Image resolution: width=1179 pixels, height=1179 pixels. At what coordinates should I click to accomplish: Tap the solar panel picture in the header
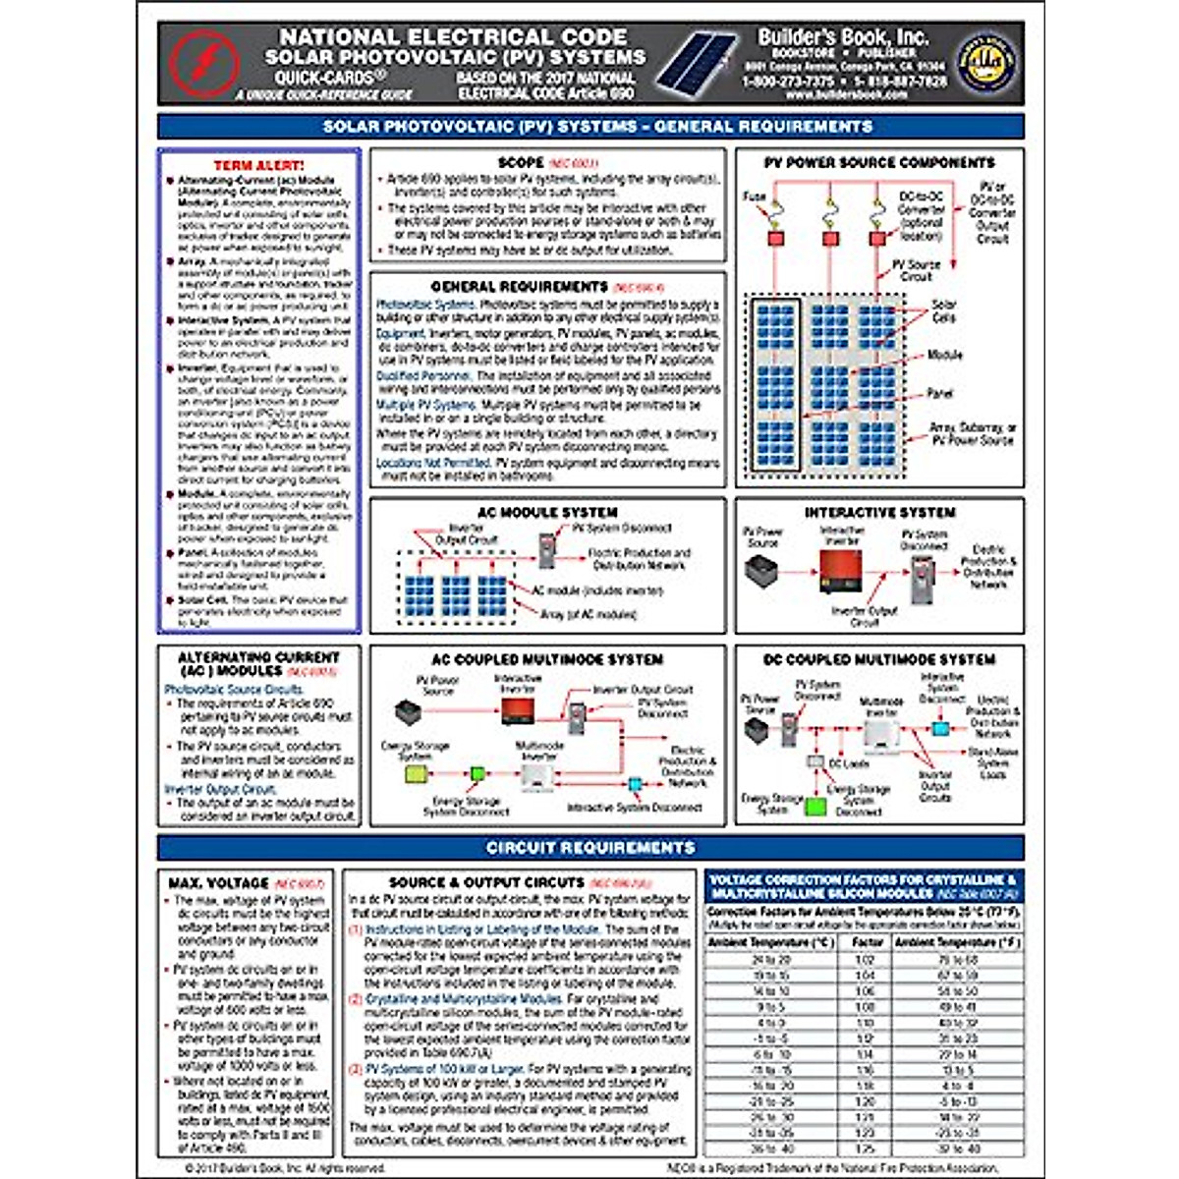[x=699, y=64]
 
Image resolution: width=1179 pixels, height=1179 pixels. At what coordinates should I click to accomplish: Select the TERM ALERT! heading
[x=259, y=166]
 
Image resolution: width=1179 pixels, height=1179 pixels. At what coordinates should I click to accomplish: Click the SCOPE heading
[x=521, y=162]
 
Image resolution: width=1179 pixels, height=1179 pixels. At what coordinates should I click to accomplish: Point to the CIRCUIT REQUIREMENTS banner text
[x=590, y=847]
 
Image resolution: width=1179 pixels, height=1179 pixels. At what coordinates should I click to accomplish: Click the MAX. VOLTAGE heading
[x=218, y=883]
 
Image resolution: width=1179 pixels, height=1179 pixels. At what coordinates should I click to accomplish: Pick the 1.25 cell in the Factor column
[x=865, y=1148]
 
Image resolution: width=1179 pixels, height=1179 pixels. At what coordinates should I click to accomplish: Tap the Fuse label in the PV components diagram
[x=755, y=196]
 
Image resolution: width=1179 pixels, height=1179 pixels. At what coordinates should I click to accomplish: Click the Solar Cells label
[x=943, y=311]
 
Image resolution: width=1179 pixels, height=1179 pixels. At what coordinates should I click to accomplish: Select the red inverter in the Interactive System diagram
[x=840, y=572]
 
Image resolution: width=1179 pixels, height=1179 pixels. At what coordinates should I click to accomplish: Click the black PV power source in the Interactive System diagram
[x=762, y=571]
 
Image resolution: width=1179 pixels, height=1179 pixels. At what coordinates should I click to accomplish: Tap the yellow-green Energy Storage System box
[x=417, y=774]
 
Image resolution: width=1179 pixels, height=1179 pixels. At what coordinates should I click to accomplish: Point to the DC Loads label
[x=849, y=763]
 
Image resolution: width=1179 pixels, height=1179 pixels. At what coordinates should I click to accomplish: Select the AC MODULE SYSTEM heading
[x=547, y=512]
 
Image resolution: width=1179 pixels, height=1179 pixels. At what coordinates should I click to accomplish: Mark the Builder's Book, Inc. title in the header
[x=842, y=36]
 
